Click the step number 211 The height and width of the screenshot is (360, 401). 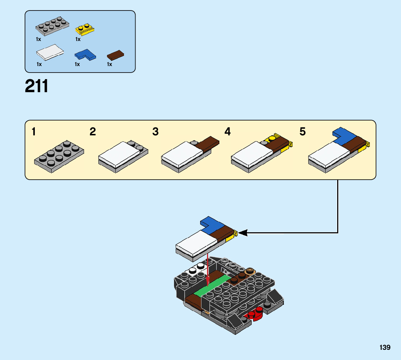pos(37,86)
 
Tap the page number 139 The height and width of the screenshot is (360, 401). pos(385,347)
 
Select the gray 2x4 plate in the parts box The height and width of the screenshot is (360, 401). pos(53,26)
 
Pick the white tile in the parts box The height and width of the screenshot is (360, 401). pos(50,52)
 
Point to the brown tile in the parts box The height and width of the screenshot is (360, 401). pos(116,55)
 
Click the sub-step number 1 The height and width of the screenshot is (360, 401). pos(34,132)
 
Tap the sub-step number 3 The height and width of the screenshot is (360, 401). pos(155,132)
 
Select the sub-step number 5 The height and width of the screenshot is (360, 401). pos(302,132)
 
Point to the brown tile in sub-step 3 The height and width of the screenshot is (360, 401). pos(208,144)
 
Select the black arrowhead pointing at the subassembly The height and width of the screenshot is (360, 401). pos(243,233)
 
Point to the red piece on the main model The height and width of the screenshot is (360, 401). pos(256,314)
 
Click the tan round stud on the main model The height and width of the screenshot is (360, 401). pos(250,271)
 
